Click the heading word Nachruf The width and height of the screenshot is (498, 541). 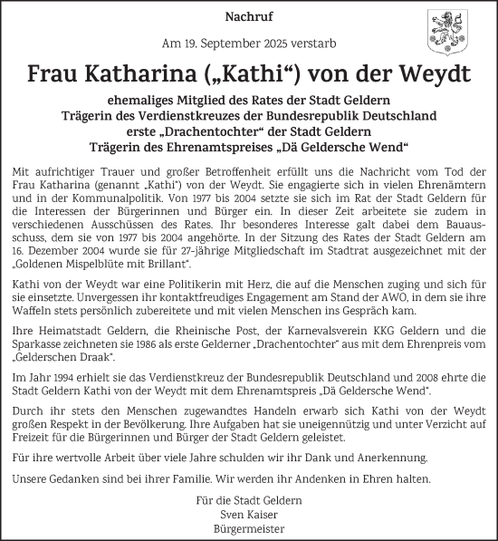249,16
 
